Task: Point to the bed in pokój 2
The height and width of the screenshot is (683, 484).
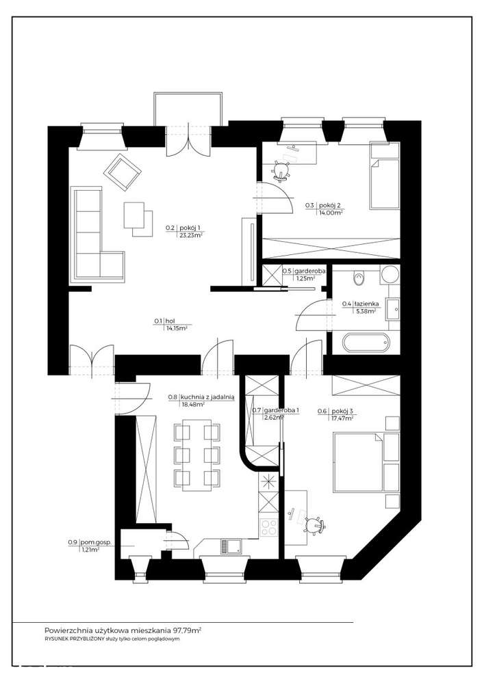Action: tap(383, 175)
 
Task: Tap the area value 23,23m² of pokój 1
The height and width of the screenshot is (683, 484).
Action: tap(191, 235)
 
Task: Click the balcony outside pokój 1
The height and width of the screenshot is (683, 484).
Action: tap(189, 109)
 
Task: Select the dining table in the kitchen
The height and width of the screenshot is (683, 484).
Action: tap(197, 455)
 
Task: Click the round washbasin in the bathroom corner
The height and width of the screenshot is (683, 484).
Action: tap(389, 275)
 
